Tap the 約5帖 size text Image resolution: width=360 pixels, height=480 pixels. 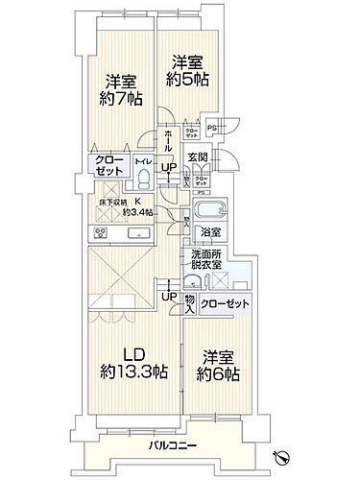188,81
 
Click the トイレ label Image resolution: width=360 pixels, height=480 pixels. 143,163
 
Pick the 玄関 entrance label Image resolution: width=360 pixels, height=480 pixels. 197,157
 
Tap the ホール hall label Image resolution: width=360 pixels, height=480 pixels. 168,141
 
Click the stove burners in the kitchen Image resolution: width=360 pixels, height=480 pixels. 101,234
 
